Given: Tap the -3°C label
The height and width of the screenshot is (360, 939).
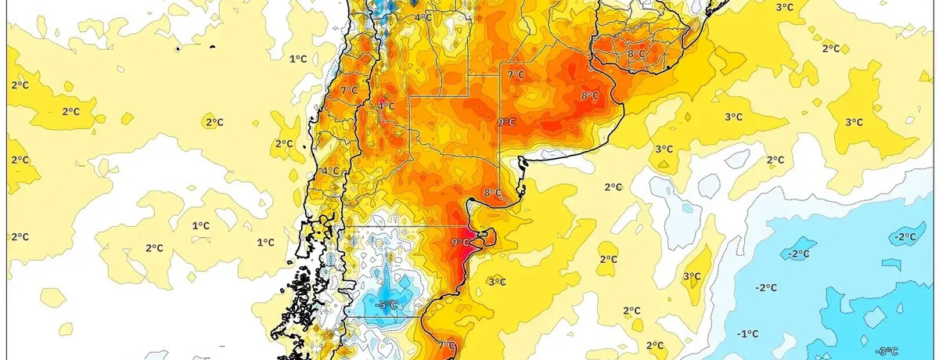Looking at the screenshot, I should pyautogui.click(x=886, y=350).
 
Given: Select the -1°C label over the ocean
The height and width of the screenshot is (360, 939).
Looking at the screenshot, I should pyautogui.click(x=748, y=333).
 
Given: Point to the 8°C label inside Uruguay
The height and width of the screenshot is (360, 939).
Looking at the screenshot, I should pyautogui.click(x=636, y=54).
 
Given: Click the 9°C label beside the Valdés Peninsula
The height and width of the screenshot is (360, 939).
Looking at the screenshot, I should pyautogui.click(x=461, y=243).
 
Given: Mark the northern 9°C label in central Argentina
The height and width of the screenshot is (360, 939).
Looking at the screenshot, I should pyautogui.click(x=507, y=122).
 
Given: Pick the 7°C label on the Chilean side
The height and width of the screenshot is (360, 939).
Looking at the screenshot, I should pyautogui.click(x=349, y=91).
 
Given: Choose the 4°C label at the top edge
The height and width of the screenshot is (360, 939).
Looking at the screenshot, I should pyautogui.click(x=423, y=17).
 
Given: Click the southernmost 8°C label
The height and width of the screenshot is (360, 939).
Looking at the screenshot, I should pyautogui.click(x=492, y=193).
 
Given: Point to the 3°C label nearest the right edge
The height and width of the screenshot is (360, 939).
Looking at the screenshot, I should pyautogui.click(x=854, y=122).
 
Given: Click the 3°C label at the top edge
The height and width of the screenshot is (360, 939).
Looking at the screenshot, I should pyautogui.click(x=784, y=7).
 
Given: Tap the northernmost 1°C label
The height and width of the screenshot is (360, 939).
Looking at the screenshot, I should pyautogui.click(x=298, y=59).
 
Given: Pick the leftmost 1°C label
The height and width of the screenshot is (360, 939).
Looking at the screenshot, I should pyautogui.click(x=201, y=225).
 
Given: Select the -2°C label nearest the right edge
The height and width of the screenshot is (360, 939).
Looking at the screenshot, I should pyautogui.click(x=906, y=237).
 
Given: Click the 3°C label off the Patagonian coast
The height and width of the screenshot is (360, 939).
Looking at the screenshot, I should pyautogui.click(x=496, y=282).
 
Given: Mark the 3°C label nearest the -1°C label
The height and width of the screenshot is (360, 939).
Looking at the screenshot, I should pyautogui.click(x=692, y=276).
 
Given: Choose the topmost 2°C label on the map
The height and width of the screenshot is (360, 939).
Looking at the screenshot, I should pyautogui.click(x=831, y=49).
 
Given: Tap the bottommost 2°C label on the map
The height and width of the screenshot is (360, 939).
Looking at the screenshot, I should pyautogui.click(x=656, y=345).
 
